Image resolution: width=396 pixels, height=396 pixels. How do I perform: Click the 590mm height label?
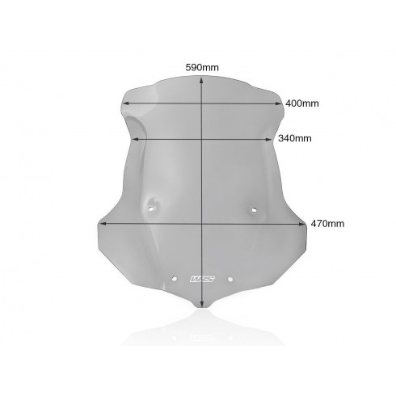202,67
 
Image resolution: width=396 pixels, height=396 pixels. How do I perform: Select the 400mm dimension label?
302,103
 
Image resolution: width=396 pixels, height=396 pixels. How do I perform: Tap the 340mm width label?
295,138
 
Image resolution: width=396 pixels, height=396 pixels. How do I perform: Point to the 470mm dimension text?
327,224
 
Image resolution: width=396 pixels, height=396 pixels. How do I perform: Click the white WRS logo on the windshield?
202,279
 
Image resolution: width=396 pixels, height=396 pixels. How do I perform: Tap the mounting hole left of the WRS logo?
175,279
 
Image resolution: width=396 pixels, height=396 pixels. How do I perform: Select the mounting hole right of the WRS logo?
230,279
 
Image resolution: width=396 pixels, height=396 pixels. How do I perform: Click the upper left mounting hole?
151,209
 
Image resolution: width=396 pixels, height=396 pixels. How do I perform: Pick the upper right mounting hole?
254,209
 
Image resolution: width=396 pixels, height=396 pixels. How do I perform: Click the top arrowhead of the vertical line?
202,79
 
